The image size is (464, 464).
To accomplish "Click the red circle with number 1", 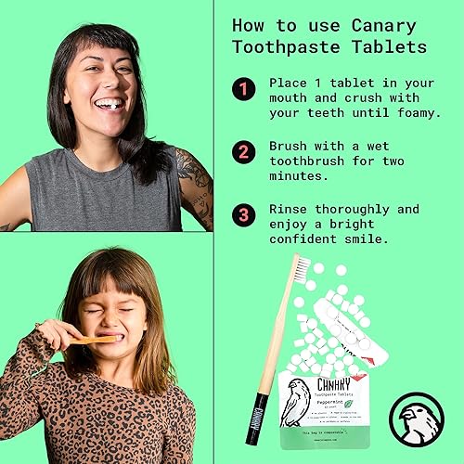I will [243, 89].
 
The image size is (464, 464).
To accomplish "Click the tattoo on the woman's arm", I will [200, 186].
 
